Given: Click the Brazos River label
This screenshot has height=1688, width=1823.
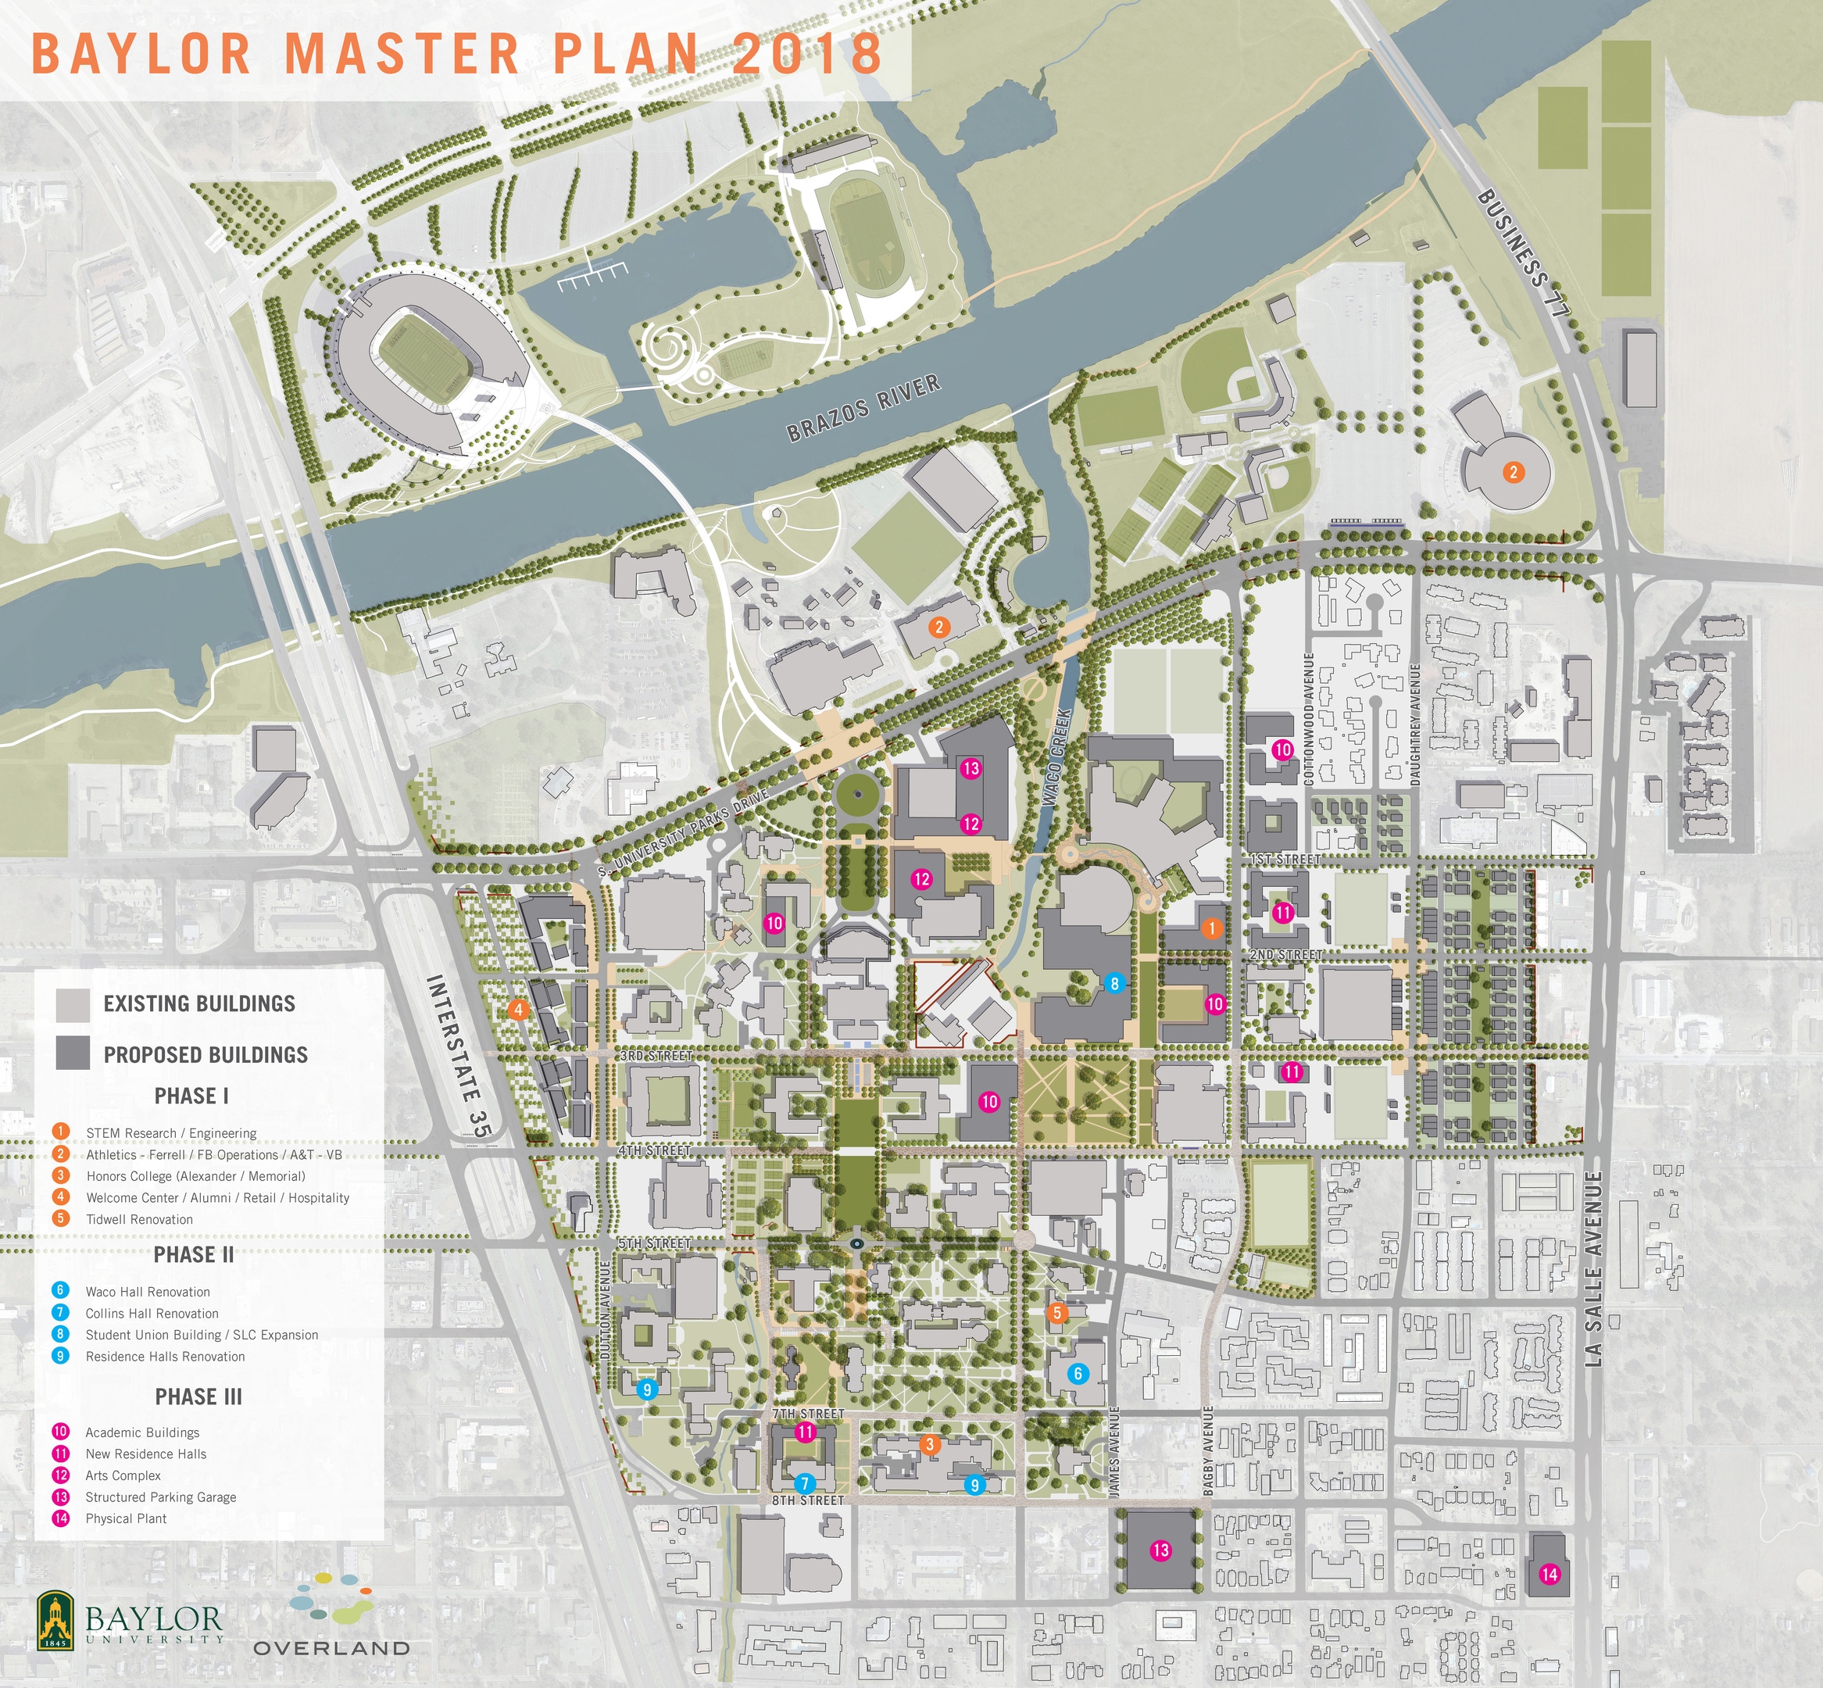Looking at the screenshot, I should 863,407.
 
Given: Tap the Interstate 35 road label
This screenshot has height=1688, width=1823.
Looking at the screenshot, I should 459,1056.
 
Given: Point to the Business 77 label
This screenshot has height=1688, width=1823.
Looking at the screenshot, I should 1522,253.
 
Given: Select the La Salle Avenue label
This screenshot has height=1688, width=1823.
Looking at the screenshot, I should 1594,1269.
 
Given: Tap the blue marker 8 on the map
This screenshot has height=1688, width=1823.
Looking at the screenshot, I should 1113,984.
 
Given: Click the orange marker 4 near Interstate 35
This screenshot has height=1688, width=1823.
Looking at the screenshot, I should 518,1010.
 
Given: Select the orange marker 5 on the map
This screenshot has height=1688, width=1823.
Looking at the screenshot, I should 1056,1313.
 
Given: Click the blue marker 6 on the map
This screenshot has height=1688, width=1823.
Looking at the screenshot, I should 1078,1373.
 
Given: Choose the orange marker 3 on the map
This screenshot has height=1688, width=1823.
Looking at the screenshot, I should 929,1443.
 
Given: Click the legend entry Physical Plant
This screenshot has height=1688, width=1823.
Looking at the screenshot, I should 126,1518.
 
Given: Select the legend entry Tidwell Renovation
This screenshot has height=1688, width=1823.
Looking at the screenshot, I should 139,1218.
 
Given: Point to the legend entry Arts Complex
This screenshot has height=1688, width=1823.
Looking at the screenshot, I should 123,1475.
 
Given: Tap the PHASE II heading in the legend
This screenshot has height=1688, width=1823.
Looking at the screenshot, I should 194,1254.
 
